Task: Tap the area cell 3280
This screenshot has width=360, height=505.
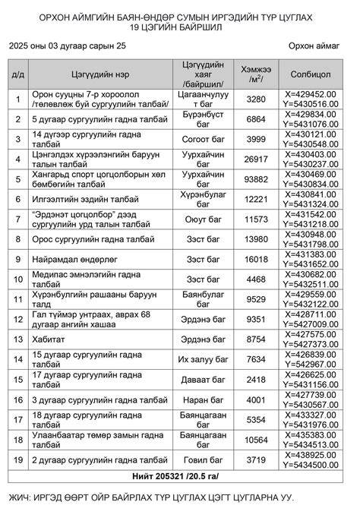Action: [x=257, y=99]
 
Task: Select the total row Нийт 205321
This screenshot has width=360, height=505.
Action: [x=180, y=476]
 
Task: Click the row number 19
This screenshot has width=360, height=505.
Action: [x=17, y=459]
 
